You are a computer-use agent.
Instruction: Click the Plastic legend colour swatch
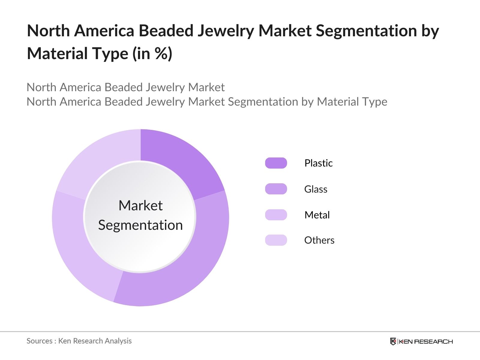coord(276,163)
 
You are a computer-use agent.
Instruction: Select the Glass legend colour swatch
coord(276,189)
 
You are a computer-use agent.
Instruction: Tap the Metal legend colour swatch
coord(276,215)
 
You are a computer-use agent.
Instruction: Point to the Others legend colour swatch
coord(276,240)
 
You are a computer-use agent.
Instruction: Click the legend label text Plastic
coord(318,163)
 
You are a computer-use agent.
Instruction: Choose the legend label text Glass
coord(316,189)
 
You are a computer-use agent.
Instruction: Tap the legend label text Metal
coord(317,215)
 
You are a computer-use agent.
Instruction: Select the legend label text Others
coord(319,240)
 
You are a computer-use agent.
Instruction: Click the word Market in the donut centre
coord(140,205)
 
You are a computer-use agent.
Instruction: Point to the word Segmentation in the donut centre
coord(140,225)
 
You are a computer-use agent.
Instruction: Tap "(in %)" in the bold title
coord(152,54)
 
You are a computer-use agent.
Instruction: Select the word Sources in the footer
coord(39,341)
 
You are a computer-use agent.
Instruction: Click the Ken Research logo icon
coord(393,341)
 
